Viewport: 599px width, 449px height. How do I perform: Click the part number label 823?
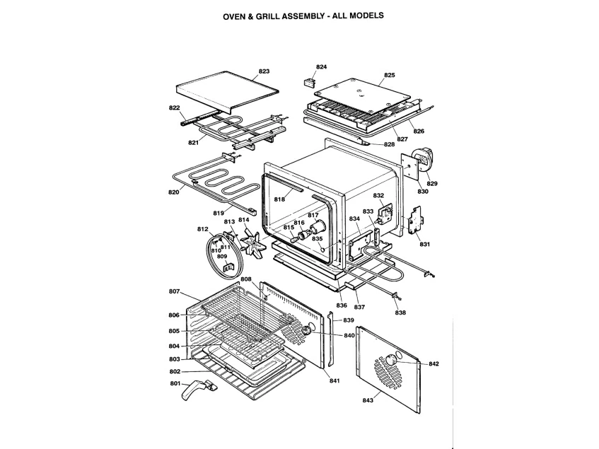264,71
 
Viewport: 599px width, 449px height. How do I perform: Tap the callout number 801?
175,383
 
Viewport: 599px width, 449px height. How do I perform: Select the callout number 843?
368,400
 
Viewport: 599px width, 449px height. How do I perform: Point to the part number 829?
432,183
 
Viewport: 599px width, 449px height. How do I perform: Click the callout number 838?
400,313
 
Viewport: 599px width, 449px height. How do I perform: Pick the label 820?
173,192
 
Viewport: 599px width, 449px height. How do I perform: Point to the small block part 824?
309,82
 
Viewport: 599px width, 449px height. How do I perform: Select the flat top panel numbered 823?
227,92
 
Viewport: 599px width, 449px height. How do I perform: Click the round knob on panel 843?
391,360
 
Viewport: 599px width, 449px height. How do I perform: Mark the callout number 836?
342,305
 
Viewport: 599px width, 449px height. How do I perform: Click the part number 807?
174,291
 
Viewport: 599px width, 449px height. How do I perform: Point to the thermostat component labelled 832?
385,214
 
